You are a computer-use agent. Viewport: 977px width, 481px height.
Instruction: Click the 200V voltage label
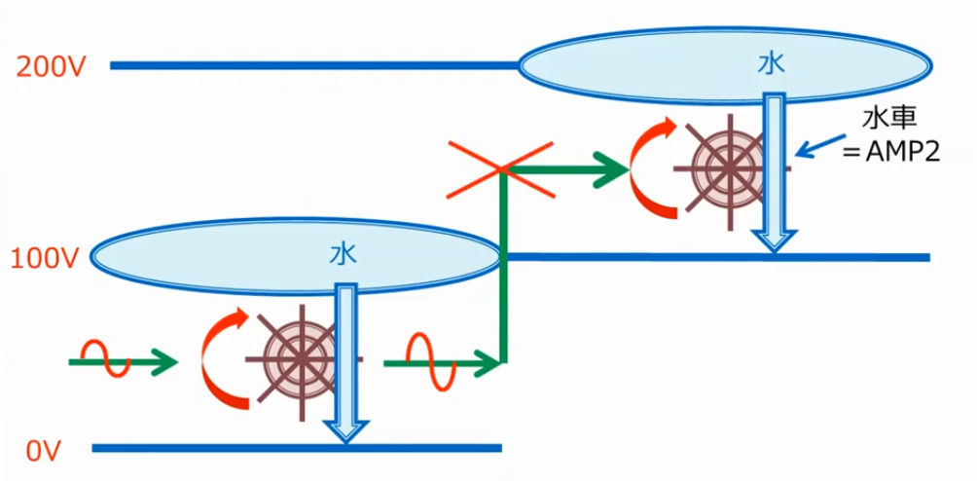point(52,66)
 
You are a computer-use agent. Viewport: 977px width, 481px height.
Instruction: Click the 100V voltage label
point(44,257)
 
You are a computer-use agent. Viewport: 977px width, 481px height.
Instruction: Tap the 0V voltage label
point(43,451)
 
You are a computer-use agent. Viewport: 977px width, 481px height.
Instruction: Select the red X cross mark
point(500,169)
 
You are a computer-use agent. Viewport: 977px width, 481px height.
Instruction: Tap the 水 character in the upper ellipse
point(772,65)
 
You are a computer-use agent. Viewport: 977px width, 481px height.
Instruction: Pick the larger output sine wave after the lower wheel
point(431,360)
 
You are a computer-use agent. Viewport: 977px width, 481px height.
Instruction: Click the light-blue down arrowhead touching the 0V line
point(345,431)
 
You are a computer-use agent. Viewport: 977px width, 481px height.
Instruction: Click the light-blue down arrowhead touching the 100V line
point(774,241)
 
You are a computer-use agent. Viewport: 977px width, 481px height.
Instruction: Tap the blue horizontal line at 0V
point(297,448)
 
